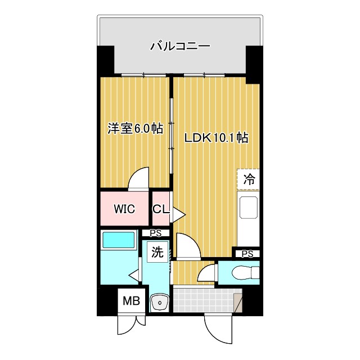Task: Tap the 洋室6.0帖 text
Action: [135, 129]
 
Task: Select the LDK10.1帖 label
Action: [214, 137]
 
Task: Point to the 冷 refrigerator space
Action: [249, 180]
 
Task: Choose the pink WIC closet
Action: [124, 209]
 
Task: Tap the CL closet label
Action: [160, 209]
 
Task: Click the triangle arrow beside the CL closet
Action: [178, 214]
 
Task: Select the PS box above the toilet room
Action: [247, 254]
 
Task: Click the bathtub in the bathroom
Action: [119, 240]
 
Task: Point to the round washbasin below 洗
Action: [160, 303]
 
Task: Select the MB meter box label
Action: [131, 301]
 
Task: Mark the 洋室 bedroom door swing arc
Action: [138, 179]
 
